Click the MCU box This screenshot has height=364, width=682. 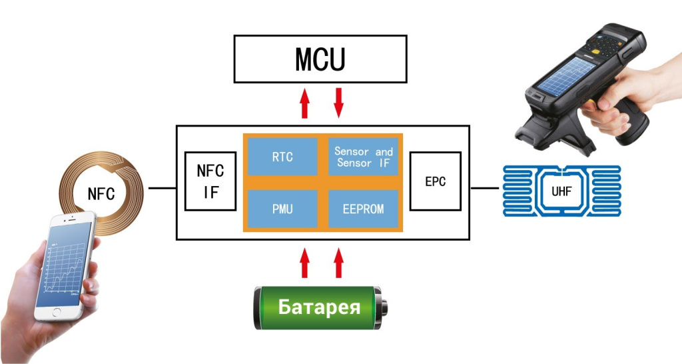click(x=320, y=59)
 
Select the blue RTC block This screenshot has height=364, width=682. click(x=282, y=157)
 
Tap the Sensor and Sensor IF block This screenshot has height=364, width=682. click(x=364, y=157)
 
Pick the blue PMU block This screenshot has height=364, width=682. click(x=282, y=209)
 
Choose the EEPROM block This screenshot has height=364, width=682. click(x=364, y=209)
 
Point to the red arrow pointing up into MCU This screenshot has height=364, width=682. click(x=305, y=103)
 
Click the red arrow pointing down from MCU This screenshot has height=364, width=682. click(x=338, y=102)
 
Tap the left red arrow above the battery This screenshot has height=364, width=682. click(x=305, y=263)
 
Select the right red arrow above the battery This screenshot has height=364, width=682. click(x=338, y=263)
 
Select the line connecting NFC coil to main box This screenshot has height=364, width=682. click(x=162, y=189)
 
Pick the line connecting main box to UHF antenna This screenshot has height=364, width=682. click(x=485, y=189)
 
